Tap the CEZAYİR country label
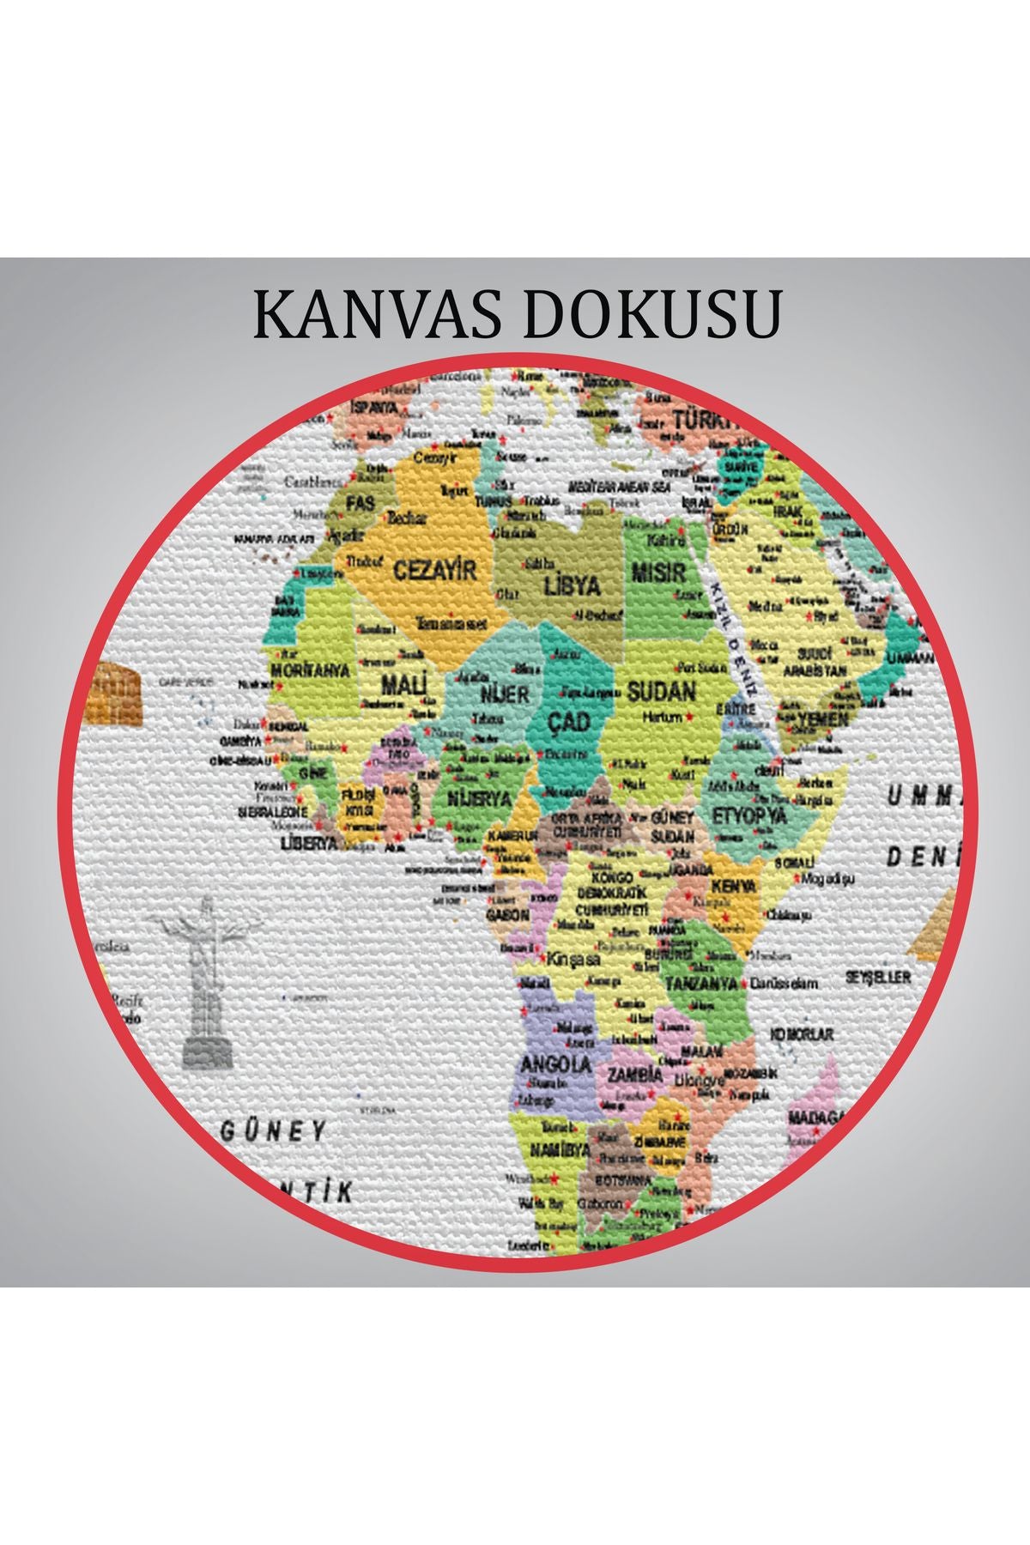coord(434,569)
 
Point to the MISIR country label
coord(658,572)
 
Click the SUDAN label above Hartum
coord(661,691)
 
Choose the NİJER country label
coord(505,693)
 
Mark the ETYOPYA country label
coord(748,815)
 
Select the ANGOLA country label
coord(556,1063)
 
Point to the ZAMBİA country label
coord(635,1075)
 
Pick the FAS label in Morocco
coord(360,502)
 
